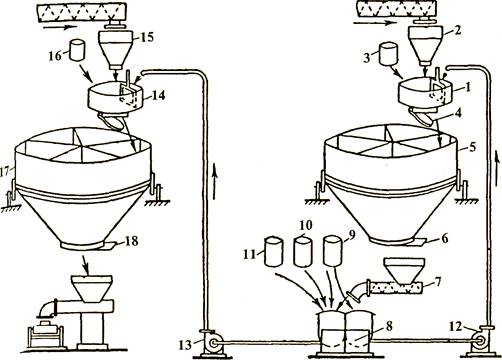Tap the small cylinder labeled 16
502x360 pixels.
[77, 50]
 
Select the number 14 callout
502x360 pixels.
[157, 95]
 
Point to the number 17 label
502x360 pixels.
[5, 172]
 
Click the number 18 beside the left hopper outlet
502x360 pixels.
[130, 241]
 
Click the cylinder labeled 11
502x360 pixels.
[274, 251]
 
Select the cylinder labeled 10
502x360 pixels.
[303, 251]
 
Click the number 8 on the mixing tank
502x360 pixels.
[388, 327]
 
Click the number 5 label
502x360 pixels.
[472, 147]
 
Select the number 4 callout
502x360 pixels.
[459, 113]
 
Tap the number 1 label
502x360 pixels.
[467, 87]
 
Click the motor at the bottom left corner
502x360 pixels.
[45, 334]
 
